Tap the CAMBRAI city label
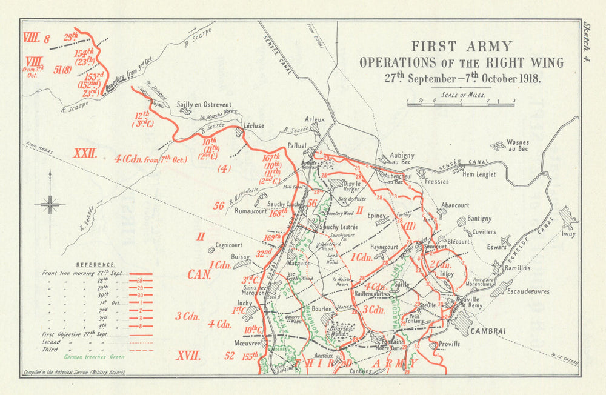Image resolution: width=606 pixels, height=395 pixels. point(484,331)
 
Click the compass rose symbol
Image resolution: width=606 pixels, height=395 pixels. point(50,204)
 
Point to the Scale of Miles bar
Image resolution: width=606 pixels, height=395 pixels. point(461,104)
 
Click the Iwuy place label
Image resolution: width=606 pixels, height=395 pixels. point(568,231)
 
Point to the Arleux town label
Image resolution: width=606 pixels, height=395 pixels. point(315,119)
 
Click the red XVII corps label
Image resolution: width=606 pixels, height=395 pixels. point(187,356)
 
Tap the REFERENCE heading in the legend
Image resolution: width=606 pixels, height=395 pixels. point(95,265)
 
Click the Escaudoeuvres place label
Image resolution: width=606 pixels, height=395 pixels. point(529,291)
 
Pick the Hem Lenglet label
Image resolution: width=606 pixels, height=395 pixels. point(479,174)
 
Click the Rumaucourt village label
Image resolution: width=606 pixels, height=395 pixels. point(250,211)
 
